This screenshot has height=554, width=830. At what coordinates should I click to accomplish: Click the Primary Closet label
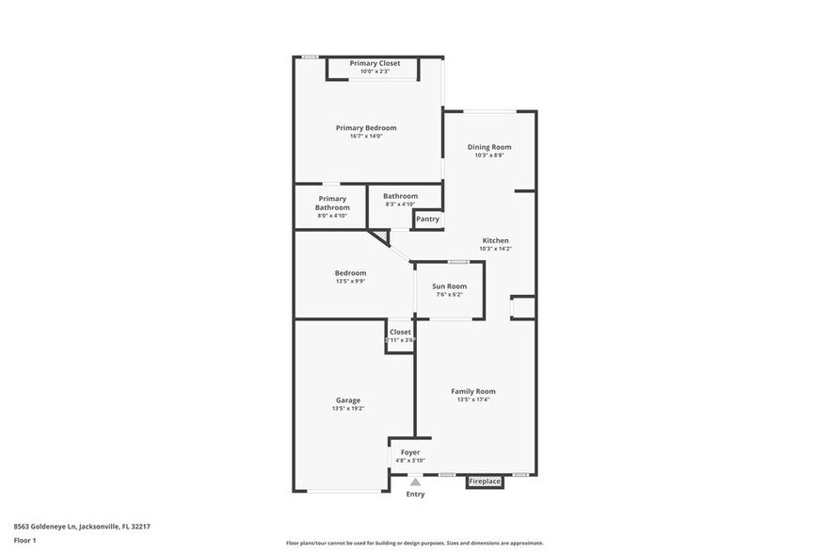(x=375, y=63)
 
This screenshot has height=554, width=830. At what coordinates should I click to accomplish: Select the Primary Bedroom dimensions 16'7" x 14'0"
(x=366, y=137)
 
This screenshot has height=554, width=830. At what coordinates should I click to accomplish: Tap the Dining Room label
(x=489, y=147)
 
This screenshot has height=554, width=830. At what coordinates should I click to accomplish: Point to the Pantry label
(x=427, y=220)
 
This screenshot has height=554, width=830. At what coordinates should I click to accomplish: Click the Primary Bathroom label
(x=332, y=204)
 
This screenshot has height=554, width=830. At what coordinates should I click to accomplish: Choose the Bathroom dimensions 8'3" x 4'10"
(x=400, y=204)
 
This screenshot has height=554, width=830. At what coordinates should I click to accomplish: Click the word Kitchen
(x=495, y=240)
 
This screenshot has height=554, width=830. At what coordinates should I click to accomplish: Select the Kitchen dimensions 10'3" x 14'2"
(x=495, y=249)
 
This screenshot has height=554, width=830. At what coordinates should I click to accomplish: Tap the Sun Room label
(x=449, y=286)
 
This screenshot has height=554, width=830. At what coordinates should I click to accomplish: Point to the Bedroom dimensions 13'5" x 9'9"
(x=350, y=281)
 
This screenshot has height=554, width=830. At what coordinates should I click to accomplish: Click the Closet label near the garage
(x=400, y=332)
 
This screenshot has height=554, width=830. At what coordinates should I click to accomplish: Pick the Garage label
(x=347, y=400)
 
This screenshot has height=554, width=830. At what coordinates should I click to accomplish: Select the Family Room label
(x=472, y=391)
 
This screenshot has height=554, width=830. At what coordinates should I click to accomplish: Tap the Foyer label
(x=409, y=452)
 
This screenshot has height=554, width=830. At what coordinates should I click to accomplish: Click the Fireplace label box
(x=485, y=481)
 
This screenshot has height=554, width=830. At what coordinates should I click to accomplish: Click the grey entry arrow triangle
(x=415, y=481)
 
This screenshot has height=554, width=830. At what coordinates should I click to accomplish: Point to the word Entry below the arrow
(x=415, y=494)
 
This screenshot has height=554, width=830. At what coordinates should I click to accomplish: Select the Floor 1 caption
(x=24, y=540)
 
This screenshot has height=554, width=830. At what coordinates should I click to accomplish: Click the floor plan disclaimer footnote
(x=414, y=543)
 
